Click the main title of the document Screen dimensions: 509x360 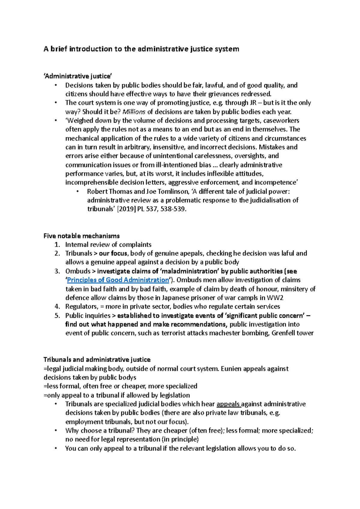pos(141,49)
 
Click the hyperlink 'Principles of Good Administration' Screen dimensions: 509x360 pos(118,280)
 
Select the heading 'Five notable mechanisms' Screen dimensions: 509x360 pos(82,236)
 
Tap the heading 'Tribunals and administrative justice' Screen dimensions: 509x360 pos(97,360)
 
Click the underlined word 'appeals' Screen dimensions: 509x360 pos(228,404)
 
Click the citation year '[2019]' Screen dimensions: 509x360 pos(126,209)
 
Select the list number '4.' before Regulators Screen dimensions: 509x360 pos(57,306)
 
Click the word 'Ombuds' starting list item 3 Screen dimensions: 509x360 pos(78,271)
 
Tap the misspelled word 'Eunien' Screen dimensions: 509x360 pos(231,369)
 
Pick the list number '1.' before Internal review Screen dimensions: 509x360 pos(57,245)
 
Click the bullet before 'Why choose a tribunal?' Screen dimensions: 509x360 pos(56,431)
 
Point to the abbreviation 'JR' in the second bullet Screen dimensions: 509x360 pos(253,103)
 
